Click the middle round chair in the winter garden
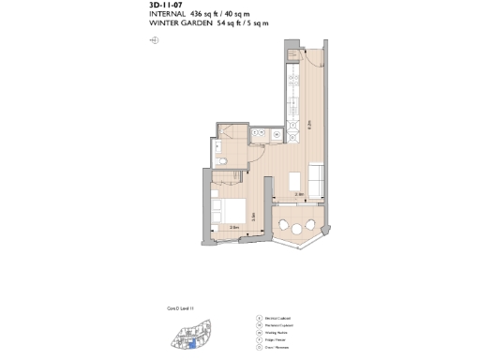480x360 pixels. [x=297, y=228]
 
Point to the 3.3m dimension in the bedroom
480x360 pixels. [x=254, y=216]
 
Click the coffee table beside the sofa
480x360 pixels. [x=294, y=180]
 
